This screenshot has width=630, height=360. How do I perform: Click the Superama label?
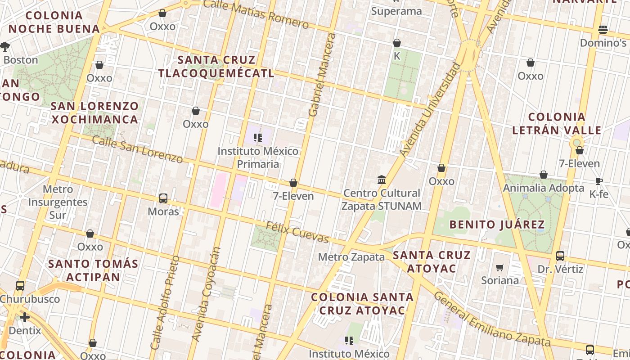[x=396, y=11]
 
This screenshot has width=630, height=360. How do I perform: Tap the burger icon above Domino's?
[x=603, y=30]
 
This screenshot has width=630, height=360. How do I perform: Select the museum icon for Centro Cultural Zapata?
[x=382, y=180]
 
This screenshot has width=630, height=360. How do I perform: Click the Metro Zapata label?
[x=351, y=257]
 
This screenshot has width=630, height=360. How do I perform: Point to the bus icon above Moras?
[x=163, y=198]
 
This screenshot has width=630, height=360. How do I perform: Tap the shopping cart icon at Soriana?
[x=499, y=268]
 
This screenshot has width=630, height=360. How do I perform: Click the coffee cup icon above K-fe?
[x=598, y=181]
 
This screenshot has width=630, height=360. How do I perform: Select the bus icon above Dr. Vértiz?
[x=560, y=256]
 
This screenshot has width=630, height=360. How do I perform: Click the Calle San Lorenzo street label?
[x=138, y=149]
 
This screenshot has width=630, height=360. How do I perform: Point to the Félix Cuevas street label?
[x=297, y=232]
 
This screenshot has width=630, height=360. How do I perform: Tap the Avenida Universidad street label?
[x=431, y=110]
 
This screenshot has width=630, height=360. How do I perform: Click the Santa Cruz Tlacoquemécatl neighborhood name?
[x=216, y=67]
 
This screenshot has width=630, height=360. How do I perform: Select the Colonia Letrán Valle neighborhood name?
[x=557, y=124]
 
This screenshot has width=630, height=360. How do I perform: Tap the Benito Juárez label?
[x=497, y=224]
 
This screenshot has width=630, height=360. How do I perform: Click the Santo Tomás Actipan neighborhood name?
[x=93, y=270]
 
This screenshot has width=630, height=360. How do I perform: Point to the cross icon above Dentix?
[x=25, y=317]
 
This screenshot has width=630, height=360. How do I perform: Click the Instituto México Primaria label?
[x=258, y=157]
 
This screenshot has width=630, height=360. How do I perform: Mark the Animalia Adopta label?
[x=544, y=188]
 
